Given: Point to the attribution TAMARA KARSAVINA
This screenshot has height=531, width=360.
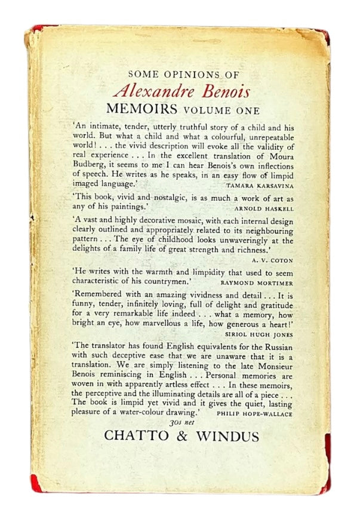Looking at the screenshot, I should [x=261, y=186].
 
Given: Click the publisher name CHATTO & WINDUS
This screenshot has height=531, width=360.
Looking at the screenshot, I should [x=181, y=436].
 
